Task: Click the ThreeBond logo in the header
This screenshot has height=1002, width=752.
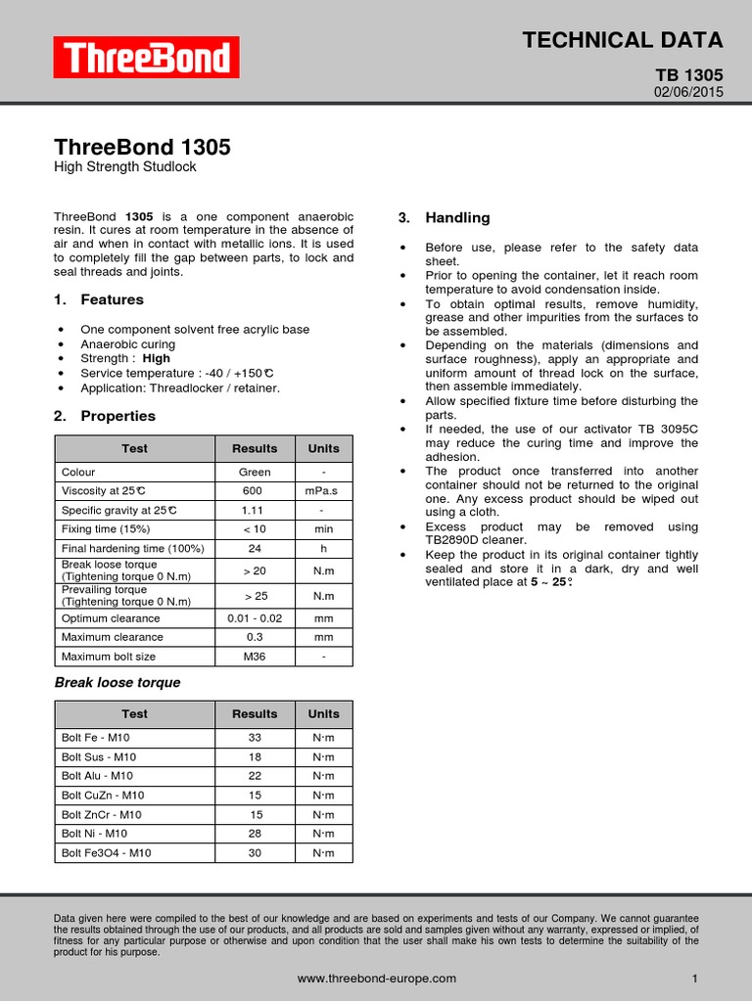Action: coord(146,59)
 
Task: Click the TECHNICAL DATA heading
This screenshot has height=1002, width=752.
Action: coord(623,40)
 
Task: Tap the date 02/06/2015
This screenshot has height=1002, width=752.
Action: coord(688,92)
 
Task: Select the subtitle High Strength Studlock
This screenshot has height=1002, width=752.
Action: coord(124,167)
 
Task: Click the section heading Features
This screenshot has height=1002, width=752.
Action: coord(112,299)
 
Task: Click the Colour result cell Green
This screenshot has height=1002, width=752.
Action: coord(254,472)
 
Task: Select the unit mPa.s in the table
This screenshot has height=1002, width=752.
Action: coord(323,491)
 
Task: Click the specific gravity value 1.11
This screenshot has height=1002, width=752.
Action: coord(254,511)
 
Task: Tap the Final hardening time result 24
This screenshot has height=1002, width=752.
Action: coord(254,548)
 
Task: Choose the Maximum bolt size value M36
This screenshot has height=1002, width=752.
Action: coord(254,657)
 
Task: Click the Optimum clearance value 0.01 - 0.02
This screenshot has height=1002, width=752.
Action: coord(254,618)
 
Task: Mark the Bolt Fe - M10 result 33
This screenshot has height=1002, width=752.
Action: coord(256,739)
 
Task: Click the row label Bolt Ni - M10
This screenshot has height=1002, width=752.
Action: coord(94,834)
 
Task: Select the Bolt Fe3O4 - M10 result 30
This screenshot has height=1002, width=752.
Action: coord(256,853)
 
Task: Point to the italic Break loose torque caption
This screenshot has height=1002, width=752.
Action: coord(117,683)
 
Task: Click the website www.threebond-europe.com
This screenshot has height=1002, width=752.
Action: coord(376,979)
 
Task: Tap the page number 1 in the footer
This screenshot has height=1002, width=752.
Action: coord(694,979)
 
